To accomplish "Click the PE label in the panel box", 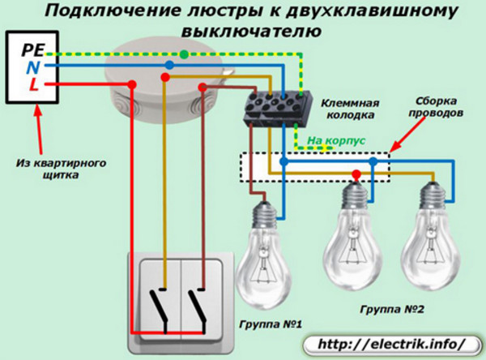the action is [33, 50].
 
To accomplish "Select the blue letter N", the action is [33, 67].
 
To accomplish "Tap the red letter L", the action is [34, 84].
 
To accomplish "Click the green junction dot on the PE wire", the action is [184, 54].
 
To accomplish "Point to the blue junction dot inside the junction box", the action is [169, 65].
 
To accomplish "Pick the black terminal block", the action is [277, 108].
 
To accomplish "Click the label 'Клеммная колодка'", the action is [350, 109].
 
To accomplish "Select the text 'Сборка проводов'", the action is [436, 107].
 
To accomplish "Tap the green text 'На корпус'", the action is [336, 140].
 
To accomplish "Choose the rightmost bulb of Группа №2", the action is [431, 237].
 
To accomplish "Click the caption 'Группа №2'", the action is [392, 309].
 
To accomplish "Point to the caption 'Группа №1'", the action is [271, 324].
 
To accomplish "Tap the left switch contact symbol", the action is [160, 311].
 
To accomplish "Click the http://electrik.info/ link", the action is [392, 344].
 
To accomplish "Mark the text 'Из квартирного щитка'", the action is [61, 169].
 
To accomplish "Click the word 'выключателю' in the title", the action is [251, 32].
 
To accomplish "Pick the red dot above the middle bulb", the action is [356, 174].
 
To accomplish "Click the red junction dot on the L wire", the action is [132, 84].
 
